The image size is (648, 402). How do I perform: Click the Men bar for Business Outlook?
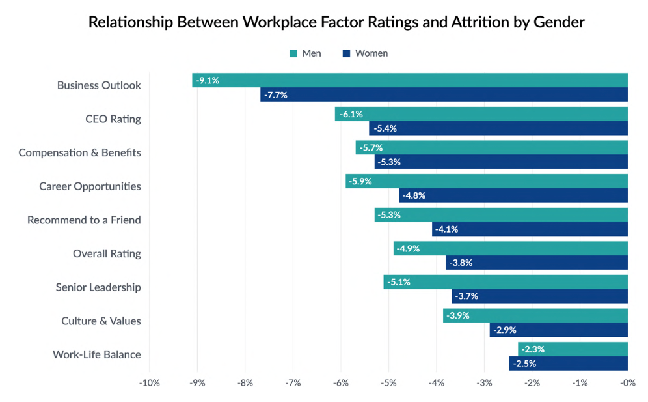[410, 80]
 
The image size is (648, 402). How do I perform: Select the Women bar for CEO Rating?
[498, 128]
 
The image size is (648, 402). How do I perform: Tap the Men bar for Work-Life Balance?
[573, 349]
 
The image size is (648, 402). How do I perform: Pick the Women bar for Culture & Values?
[558, 330]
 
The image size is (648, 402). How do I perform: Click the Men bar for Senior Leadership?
[506, 282]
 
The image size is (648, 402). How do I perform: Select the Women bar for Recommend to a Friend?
[530, 229]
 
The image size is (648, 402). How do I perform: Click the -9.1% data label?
[208, 81]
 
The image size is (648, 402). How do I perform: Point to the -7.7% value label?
[276, 95]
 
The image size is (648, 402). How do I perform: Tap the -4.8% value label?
[414, 195]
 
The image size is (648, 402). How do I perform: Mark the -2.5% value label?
[525, 364]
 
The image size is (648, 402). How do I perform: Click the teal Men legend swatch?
[293, 53]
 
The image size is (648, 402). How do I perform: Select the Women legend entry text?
[371, 53]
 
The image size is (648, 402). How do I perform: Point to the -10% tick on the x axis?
[150, 383]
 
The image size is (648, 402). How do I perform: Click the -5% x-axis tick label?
[388, 383]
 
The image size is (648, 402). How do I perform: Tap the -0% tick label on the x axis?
[627, 383]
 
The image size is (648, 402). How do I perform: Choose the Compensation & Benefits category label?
[79, 153]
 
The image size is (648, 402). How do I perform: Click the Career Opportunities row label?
[90, 186]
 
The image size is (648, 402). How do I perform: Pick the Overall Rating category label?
[107, 253]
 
